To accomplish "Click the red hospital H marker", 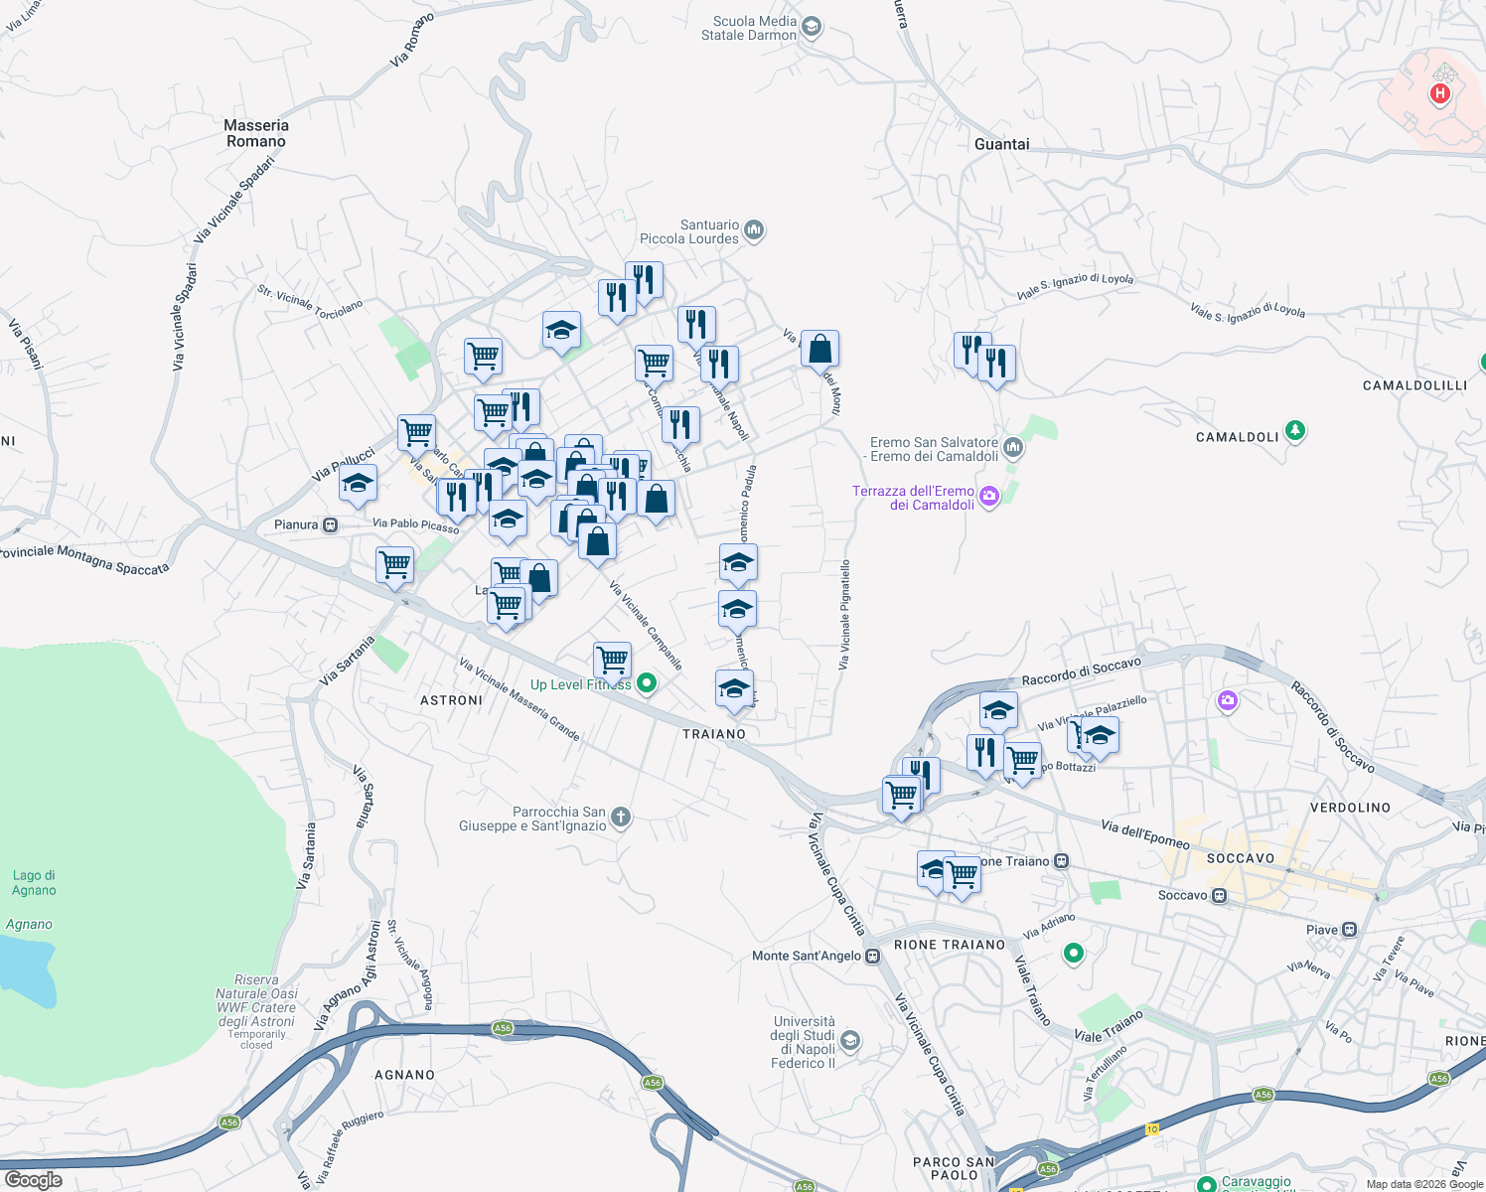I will point(1439,94).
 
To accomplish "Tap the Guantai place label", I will point(1001,144).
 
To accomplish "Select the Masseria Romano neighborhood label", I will point(255,133).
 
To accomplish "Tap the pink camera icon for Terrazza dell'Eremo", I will point(988,497).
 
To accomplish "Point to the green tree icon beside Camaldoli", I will point(1294,431).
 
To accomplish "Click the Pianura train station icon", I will point(331,524).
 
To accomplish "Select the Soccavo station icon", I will point(1220,896).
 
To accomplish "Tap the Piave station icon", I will point(1349,930).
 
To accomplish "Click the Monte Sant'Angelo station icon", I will point(872,957).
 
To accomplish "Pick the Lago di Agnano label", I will point(34,882).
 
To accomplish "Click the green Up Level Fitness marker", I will point(647,682).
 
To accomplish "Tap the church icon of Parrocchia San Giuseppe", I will point(620,818).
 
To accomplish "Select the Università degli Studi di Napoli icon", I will point(849,1040).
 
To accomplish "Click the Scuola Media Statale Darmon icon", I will point(812,27).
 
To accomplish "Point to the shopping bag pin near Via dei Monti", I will point(819,350).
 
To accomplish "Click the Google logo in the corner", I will point(34,1180).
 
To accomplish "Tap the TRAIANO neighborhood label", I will point(713,734).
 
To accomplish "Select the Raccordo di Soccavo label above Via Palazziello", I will point(1081,671).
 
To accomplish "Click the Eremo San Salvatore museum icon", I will point(1012,447).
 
